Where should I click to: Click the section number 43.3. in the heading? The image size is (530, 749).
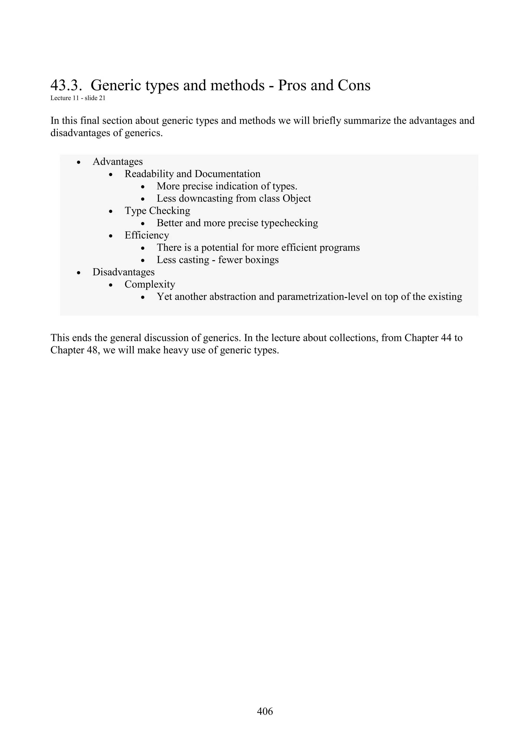pyautogui.click(x=65, y=86)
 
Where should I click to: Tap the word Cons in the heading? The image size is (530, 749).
pyautogui.click(x=354, y=86)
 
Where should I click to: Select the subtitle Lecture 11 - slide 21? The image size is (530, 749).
pyautogui.click(x=78, y=98)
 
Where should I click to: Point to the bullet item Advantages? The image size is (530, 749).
pyautogui.click(x=117, y=162)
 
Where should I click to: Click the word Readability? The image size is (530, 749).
pyautogui.click(x=149, y=174)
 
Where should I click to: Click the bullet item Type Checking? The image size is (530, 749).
pyautogui.click(x=157, y=211)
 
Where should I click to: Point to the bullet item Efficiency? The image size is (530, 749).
pyautogui.click(x=147, y=235)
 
